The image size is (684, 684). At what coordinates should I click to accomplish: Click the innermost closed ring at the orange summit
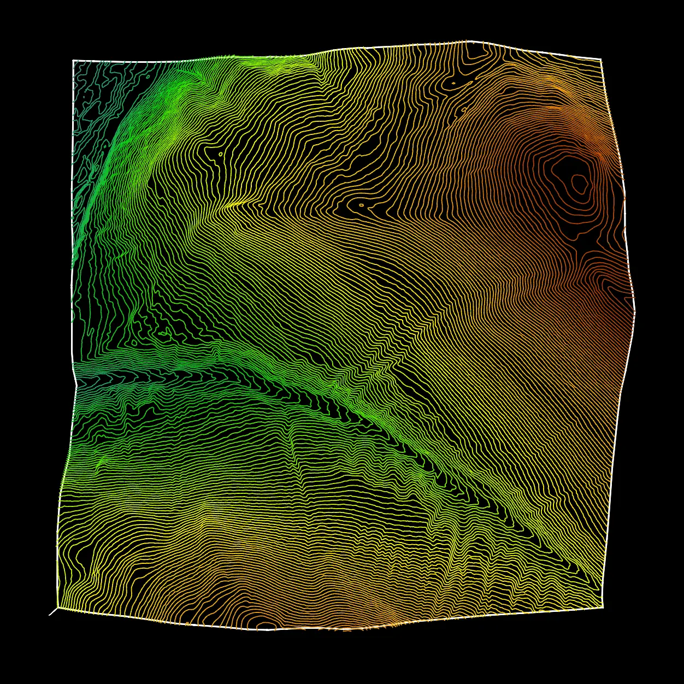pos(577,180)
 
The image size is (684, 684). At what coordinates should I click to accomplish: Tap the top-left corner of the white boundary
pos(73,61)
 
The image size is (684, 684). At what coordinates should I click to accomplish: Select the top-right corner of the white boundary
pos(601,59)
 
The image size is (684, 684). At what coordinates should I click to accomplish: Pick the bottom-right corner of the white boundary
pos(603,607)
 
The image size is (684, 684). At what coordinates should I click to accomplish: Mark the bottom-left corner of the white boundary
pos(58,607)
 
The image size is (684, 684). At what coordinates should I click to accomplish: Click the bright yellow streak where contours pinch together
pos(235,205)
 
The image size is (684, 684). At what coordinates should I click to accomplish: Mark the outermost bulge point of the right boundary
pos(635,311)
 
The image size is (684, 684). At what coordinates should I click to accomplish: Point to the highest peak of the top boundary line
pos(468,41)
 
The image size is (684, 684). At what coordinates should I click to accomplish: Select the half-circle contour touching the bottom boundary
pos(266,624)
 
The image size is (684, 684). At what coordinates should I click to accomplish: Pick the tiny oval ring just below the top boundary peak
pos(453,83)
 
